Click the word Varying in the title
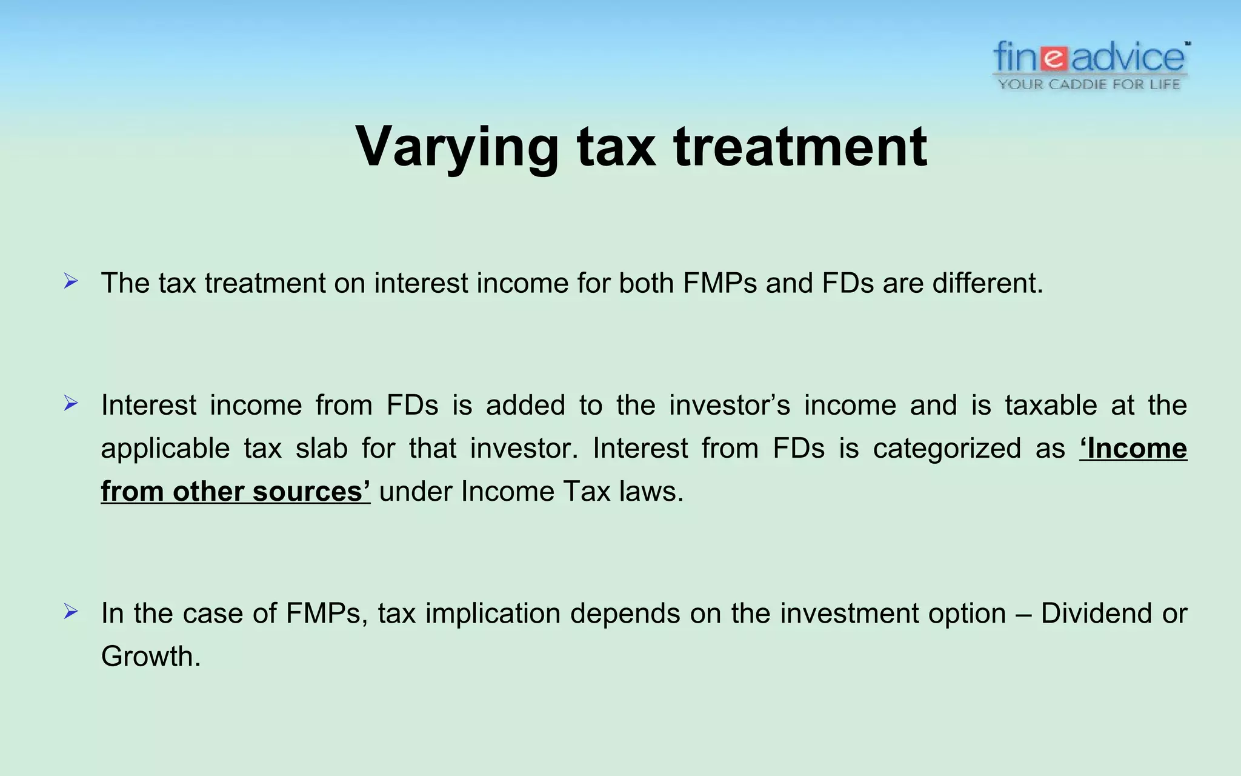click(457, 147)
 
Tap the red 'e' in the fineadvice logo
click(1055, 58)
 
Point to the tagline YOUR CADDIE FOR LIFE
click(1090, 84)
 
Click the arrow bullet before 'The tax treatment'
click(71, 281)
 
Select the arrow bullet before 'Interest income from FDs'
click(71, 403)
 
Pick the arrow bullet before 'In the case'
click(71, 612)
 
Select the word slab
click(322, 449)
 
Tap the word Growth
click(150, 657)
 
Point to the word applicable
click(165, 449)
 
